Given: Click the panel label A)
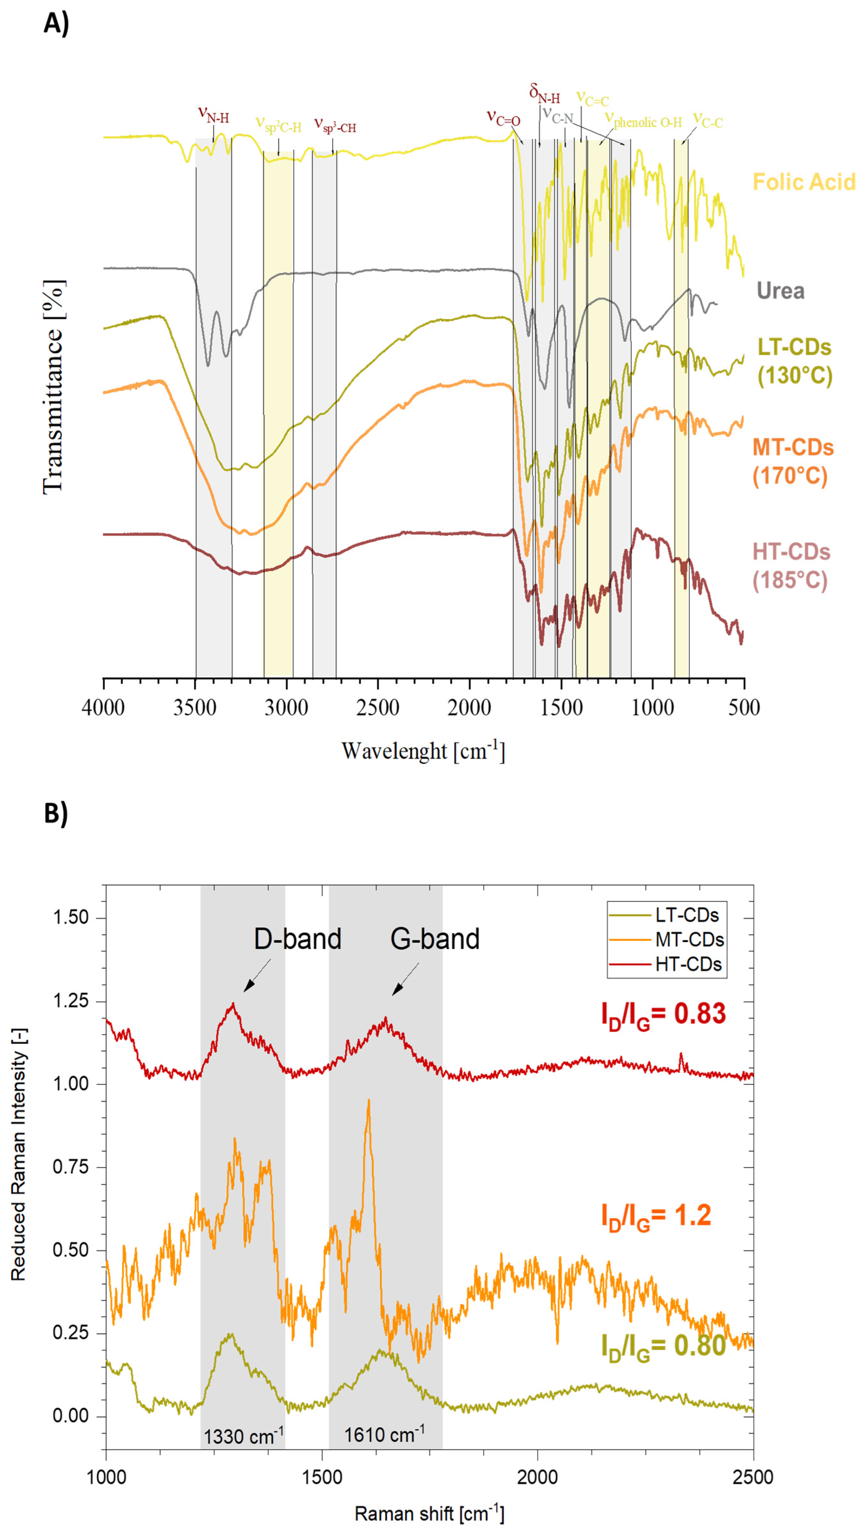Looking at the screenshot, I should point(56,24).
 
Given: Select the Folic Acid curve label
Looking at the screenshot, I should point(804,182).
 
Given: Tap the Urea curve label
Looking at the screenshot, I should point(780,291).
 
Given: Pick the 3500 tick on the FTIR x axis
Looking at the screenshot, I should point(195,707).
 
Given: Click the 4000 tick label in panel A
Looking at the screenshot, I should point(103,707).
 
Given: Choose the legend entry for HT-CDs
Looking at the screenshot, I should point(688,964).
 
